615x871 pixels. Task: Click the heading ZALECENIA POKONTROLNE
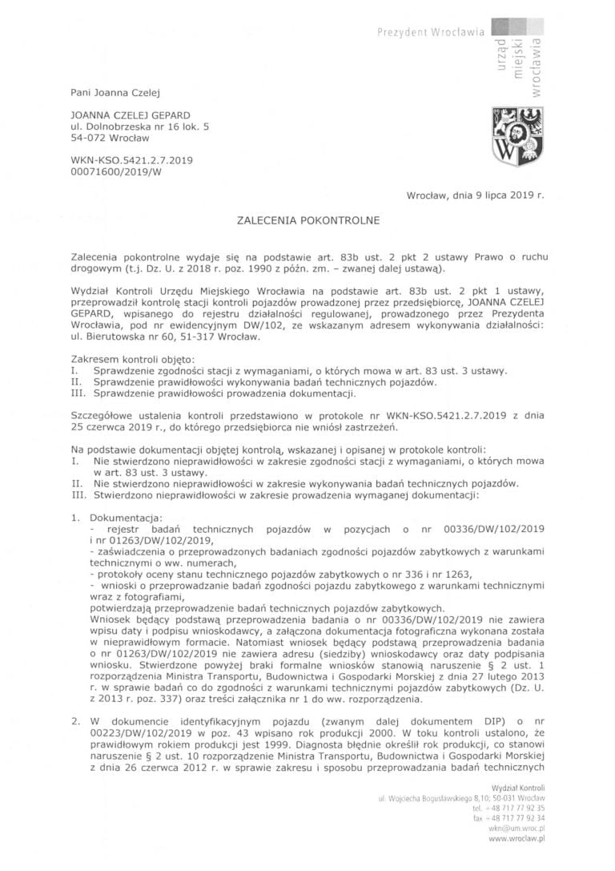coord(307,218)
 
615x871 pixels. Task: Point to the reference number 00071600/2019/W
coord(116,171)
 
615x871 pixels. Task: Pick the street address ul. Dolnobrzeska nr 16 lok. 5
coord(140,127)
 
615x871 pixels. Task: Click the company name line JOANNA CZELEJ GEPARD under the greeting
coord(130,115)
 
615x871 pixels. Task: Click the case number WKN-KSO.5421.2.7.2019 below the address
coord(131,159)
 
